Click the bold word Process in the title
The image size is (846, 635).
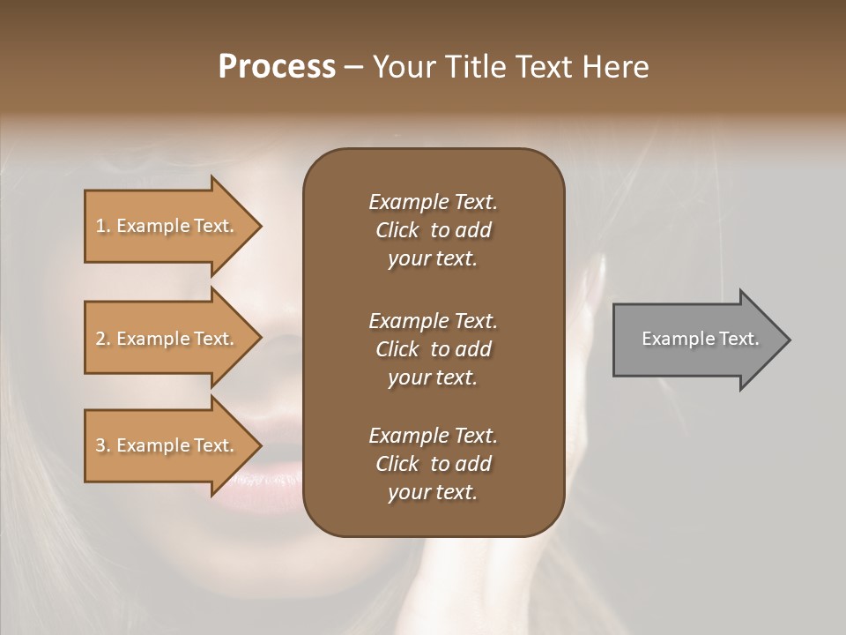click(277, 67)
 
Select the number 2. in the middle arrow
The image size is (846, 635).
click(103, 339)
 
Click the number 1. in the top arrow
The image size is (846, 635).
click(103, 226)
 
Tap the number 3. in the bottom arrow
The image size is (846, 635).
click(103, 445)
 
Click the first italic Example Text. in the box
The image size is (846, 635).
click(433, 202)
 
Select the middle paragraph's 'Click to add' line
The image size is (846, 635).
click(433, 349)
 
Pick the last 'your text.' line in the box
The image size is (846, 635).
click(433, 493)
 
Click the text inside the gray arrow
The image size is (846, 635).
click(700, 339)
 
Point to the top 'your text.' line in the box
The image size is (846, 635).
click(433, 259)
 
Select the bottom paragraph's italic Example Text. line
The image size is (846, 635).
click(433, 436)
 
